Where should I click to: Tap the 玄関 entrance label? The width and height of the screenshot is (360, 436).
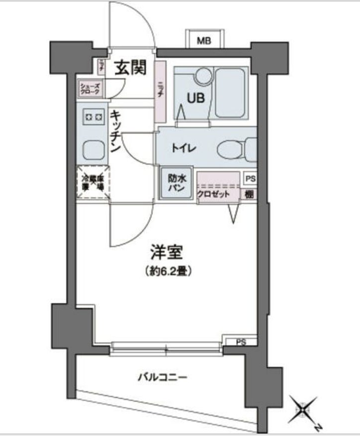(x=131, y=68)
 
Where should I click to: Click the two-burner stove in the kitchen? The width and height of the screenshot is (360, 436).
(x=92, y=117)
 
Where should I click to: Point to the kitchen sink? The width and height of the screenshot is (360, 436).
(x=92, y=148)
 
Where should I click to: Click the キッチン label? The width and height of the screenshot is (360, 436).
(x=115, y=131)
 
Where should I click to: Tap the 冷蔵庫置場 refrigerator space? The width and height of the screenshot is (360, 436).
(x=92, y=182)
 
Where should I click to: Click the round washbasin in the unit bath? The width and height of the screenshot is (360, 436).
(x=203, y=76)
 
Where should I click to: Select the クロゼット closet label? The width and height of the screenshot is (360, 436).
(x=213, y=194)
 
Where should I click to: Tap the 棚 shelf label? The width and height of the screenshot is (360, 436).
(x=250, y=194)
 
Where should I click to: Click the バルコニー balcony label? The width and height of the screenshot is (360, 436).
(x=163, y=377)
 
